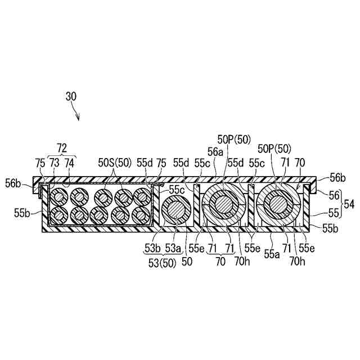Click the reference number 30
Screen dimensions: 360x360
coord(71,96)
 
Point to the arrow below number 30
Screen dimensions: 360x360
coord(77,114)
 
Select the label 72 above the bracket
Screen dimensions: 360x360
coord(62,149)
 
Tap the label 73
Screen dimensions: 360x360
coord(55,162)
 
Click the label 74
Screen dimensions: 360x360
coord(69,162)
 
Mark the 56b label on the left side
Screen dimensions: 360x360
coord(15,183)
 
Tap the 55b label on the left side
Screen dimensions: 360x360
coord(22,213)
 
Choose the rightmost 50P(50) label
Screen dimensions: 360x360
coord(274,148)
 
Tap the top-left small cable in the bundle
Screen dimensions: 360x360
coord(59,197)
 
